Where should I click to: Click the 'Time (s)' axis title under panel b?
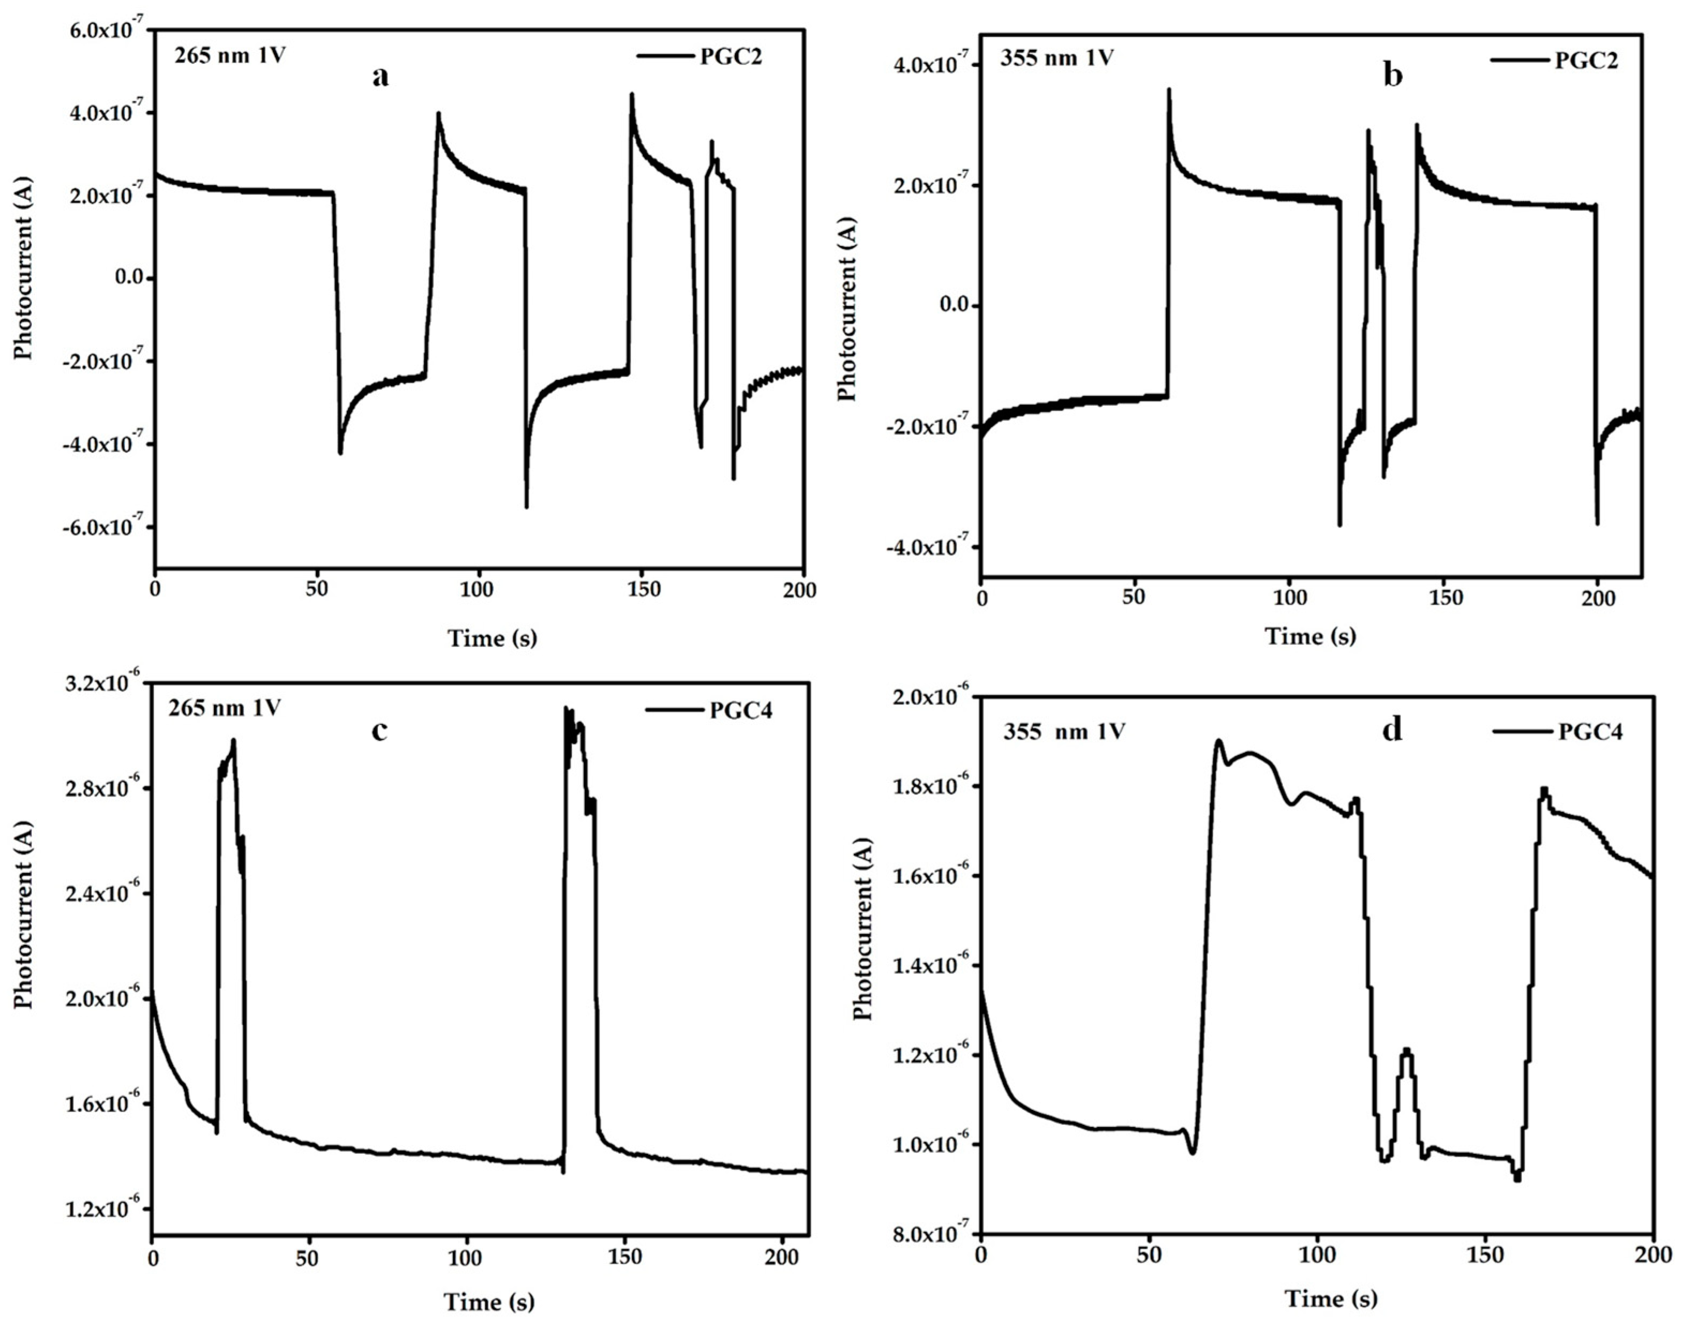(1310, 636)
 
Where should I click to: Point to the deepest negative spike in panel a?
(526, 507)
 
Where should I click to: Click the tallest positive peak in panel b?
(1168, 89)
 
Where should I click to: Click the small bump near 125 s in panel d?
(1406, 1050)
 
